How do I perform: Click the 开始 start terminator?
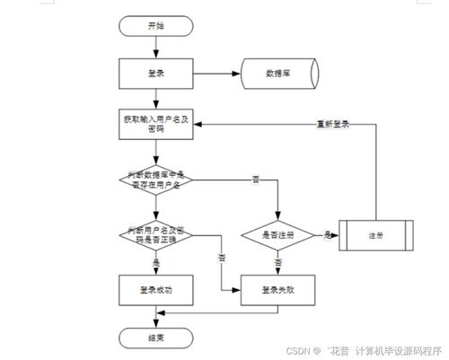coord(156,27)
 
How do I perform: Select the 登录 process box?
coord(156,73)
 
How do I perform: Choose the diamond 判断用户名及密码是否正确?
coord(156,234)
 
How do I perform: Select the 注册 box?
coord(375,234)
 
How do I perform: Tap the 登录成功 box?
coord(156,290)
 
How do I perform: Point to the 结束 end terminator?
coord(156,337)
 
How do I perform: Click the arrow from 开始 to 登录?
coord(156,47)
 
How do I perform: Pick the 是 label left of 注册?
coord(327,234)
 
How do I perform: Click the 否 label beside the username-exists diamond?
coord(256,180)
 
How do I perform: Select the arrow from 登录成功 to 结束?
coord(156,314)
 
